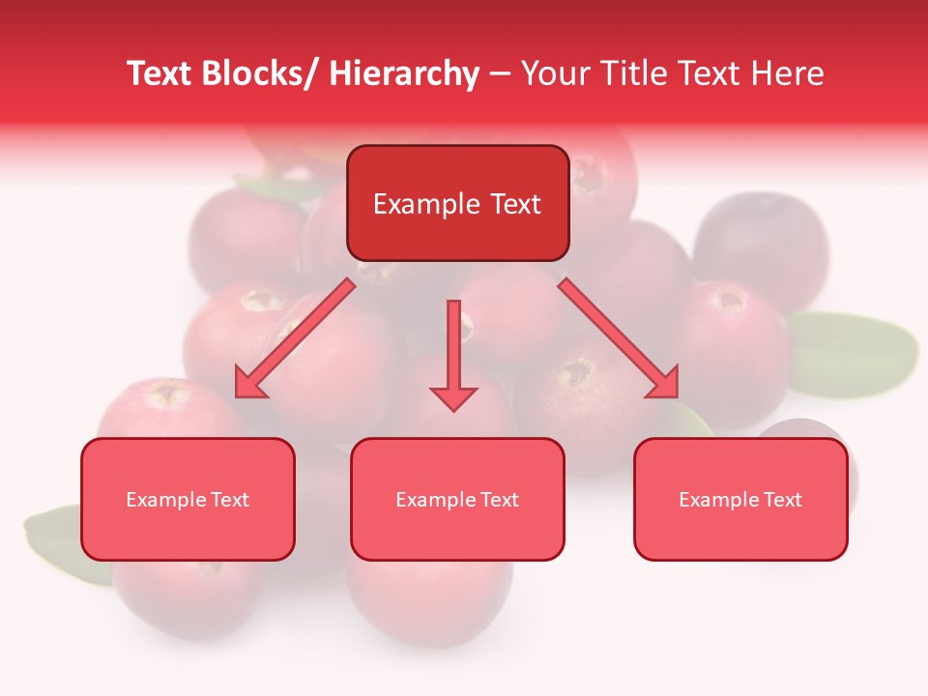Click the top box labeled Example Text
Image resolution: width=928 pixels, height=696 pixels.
pos(457,203)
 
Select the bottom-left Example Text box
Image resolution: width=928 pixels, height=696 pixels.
pos(188,499)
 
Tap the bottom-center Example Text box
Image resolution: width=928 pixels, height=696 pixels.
pos(457,499)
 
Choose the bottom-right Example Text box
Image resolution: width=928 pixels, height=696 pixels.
pos(740,499)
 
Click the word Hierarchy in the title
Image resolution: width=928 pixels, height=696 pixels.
pos(404,73)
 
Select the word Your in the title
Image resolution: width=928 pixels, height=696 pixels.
pos(554,73)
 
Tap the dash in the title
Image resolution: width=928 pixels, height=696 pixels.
pos(500,74)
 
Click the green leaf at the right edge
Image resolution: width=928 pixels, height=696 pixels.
pos(855,353)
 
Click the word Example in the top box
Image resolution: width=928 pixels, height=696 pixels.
pos(413,204)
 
